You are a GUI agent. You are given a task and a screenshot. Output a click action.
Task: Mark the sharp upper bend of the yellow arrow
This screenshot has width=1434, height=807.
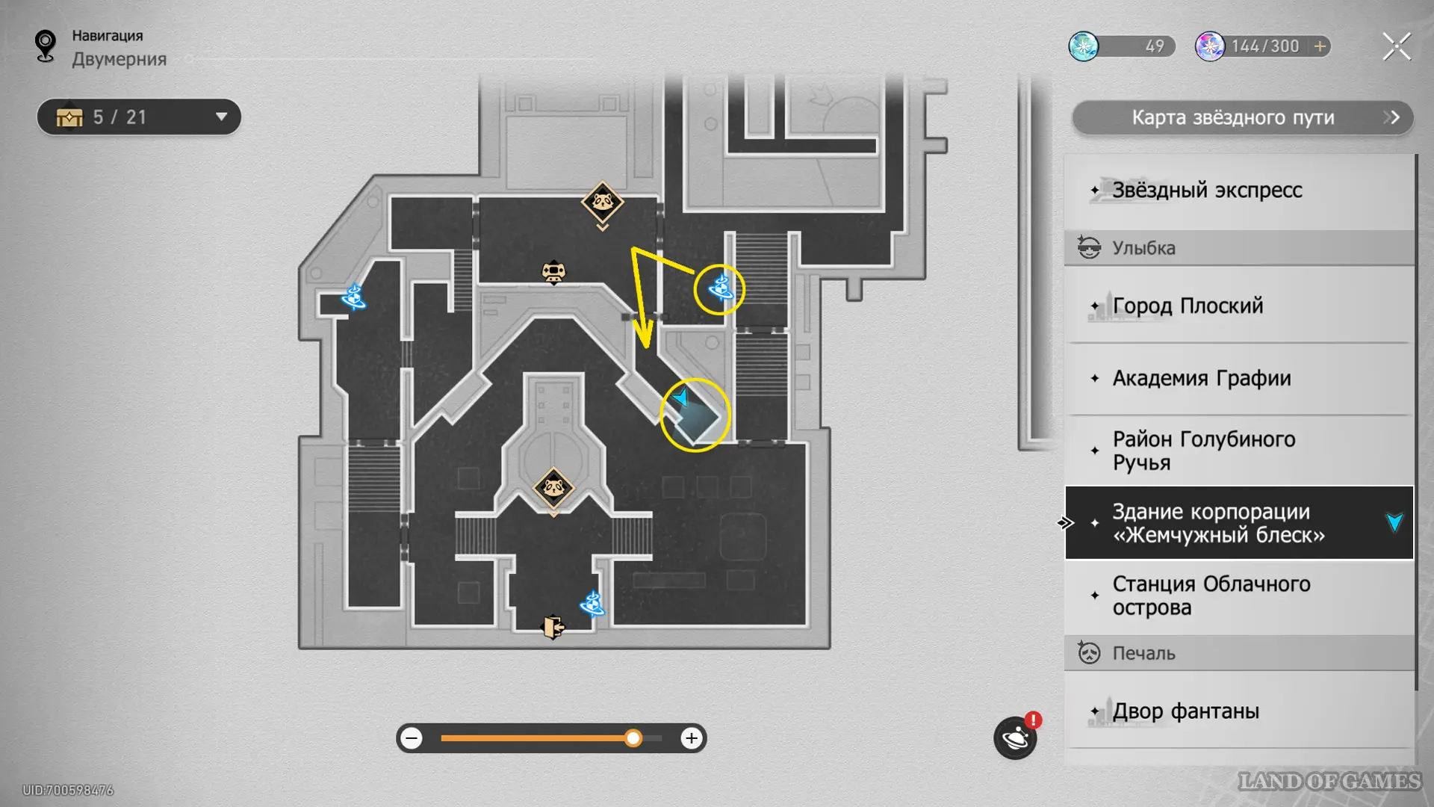pyautogui.click(x=633, y=249)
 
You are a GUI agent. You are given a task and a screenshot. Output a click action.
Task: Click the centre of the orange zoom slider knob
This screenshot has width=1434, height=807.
pyautogui.click(x=633, y=738)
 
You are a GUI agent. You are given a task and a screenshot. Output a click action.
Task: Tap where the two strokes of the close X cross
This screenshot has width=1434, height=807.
pyautogui.click(x=1397, y=46)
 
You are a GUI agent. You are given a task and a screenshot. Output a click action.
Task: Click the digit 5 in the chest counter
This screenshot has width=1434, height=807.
pyautogui.click(x=98, y=117)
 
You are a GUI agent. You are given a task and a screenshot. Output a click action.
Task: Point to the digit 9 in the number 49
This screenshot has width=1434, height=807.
pyautogui.click(x=1160, y=46)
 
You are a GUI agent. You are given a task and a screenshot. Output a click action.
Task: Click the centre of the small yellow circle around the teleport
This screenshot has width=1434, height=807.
pyautogui.click(x=719, y=289)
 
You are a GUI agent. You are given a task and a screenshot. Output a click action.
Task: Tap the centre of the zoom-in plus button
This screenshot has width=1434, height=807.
pyautogui.click(x=692, y=738)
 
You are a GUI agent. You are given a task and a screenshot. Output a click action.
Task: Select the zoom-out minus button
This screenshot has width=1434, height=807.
pyautogui.click(x=412, y=738)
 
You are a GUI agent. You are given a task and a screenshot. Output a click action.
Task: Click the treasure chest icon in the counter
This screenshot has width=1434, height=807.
pyautogui.click(x=69, y=117)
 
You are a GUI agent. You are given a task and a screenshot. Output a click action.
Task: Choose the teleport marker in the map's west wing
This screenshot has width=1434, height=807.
pyautogui.click(x=353, y=297)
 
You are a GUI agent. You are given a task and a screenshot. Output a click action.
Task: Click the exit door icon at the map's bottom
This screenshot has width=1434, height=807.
pyautogui.click(x=553, y=627)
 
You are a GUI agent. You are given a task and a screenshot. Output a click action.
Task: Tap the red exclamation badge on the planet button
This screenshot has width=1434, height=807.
pyautogui.click(x=1033, y=720)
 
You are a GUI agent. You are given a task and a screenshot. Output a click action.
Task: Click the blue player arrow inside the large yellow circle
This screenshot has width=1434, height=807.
pyautogui.click(x=680, y=398)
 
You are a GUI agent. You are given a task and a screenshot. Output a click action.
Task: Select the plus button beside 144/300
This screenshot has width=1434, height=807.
pyautogui.click(x=1320, y=46)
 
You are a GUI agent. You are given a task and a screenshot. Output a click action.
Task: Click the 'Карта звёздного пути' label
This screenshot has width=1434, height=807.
pyautogui.click(x=1233, y=117)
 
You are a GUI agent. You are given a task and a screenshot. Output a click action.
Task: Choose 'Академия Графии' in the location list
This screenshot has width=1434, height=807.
pyautogui.click(x=1202, y=378)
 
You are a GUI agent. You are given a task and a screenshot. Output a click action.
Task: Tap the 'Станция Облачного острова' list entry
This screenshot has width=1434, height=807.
pyautogui.click(x=1211, y=596)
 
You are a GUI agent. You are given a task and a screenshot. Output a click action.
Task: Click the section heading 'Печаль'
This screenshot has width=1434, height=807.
pyautogui.click(x=1143, y=653)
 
